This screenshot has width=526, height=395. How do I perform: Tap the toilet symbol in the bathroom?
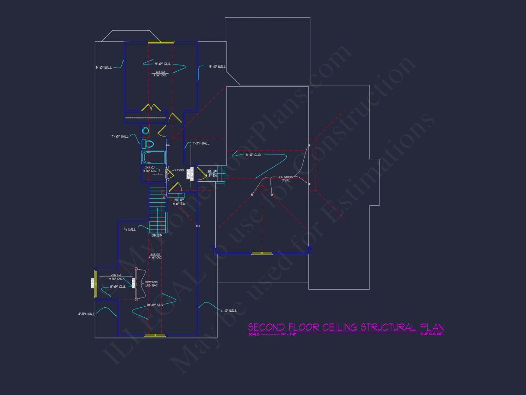pos(148,144)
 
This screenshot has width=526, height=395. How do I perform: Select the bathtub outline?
pos(153,157)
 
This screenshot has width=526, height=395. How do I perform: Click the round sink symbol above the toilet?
pos(146,131)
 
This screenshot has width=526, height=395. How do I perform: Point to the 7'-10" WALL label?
pos(120,136)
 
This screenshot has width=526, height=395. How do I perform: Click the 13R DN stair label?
pos(157,236)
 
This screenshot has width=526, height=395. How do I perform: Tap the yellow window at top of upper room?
pos(160,42)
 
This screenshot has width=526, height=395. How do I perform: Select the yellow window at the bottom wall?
pos(156,335)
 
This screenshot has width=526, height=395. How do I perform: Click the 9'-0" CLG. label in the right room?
pos(254,154)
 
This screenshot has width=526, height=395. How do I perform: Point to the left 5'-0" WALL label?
pos(104,68)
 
